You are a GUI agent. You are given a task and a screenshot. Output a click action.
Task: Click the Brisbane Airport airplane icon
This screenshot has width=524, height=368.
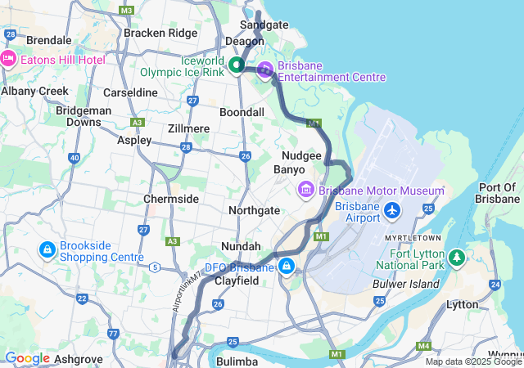[392, 211]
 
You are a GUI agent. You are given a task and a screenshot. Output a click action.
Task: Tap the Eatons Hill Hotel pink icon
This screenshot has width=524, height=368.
[9, 58]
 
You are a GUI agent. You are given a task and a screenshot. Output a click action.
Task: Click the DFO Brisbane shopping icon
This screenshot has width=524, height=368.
[287, 267]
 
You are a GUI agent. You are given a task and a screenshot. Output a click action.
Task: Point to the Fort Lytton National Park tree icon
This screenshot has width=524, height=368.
[456, 259]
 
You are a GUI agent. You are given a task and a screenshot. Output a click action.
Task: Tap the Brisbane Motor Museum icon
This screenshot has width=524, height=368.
[306, 191]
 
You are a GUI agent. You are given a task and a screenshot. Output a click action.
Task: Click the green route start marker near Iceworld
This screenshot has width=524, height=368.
[237, 65]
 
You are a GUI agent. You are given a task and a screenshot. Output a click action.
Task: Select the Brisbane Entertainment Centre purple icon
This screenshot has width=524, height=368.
[265, 70]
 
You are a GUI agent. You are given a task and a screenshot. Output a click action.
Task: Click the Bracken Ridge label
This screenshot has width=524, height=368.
[160, 34]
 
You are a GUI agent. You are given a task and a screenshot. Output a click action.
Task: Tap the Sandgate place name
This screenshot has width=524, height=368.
[264, 25]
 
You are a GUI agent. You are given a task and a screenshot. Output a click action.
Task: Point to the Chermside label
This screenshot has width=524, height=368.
[171, 199]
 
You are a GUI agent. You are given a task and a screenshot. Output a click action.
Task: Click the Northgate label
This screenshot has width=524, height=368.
[254, 210]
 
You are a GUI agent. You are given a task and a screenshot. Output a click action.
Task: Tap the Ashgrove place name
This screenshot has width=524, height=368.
[79, 358]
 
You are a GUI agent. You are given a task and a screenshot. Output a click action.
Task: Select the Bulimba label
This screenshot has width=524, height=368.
[237, 361]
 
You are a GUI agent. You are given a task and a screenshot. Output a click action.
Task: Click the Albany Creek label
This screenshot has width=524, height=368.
[34, 92]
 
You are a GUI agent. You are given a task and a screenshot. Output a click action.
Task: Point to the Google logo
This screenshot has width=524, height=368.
[27, 358]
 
